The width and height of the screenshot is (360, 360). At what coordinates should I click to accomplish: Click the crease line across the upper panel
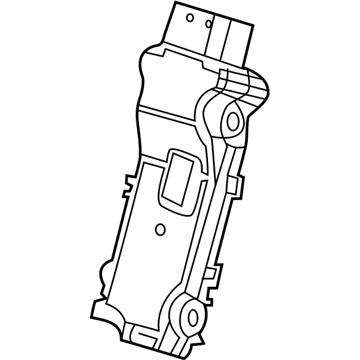click(175, 111)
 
